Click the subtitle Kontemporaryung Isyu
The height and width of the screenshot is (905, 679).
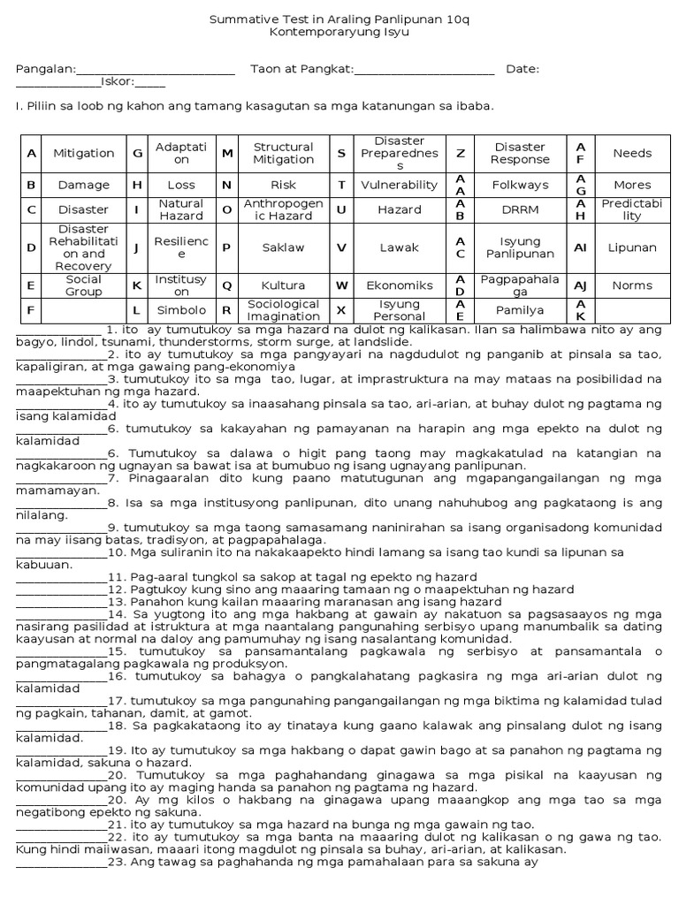[339, 31]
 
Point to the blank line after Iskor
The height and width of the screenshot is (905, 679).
[150, 85]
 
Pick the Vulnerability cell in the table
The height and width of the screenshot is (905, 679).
[399, 185]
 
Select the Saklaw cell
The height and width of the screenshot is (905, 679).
[283, 247]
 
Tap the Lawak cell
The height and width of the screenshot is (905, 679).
[399, 247]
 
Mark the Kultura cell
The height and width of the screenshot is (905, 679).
[283, 285]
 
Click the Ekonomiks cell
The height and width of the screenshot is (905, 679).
[399, 285]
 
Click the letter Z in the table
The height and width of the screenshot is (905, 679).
[460, 153]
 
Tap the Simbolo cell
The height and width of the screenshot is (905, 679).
[181, 310]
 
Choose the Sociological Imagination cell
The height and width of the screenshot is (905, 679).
[283, 310]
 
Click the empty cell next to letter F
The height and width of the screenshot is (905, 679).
[84, 310]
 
